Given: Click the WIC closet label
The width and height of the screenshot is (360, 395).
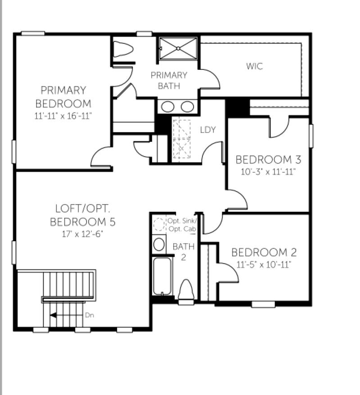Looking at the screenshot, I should pyautogui.click(x=254, y=67).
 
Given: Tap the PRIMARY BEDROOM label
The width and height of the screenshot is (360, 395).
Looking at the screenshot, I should pyautogui.click(x=63, y=97).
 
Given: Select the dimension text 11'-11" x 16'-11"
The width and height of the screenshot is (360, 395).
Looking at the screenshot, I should pyautogui.click(x=63, y=116).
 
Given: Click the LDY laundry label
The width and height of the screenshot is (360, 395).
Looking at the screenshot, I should pyautogui.click(x=208, y=130).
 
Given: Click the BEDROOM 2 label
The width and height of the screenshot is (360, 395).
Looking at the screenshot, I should pyautogui.click(x=264, y=252).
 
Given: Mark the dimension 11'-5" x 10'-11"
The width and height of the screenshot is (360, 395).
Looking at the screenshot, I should pyautogui.click(x=264, y=265).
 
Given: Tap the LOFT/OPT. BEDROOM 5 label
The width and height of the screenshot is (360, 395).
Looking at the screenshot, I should pyautogui.click(x=83, y=215).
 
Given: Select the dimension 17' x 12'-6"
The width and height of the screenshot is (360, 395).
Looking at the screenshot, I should pyautogui.click(x=83, y=234).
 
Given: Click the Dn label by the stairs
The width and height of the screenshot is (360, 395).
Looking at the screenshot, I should pyautogui.click(x=90, y=315).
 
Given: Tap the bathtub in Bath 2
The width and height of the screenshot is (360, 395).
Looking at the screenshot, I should pyautogui.click(x=162, y=275).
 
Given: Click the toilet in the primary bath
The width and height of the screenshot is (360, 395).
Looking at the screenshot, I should pyautogui.click(x=121, y=49).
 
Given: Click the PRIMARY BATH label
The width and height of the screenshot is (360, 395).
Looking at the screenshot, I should pyautogui.click(x=169, y=80).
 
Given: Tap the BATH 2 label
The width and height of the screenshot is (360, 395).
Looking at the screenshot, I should pyautogui.click(x=184, y=252).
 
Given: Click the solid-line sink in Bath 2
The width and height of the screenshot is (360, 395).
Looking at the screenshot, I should pyautogui.click(x=159, y=244).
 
